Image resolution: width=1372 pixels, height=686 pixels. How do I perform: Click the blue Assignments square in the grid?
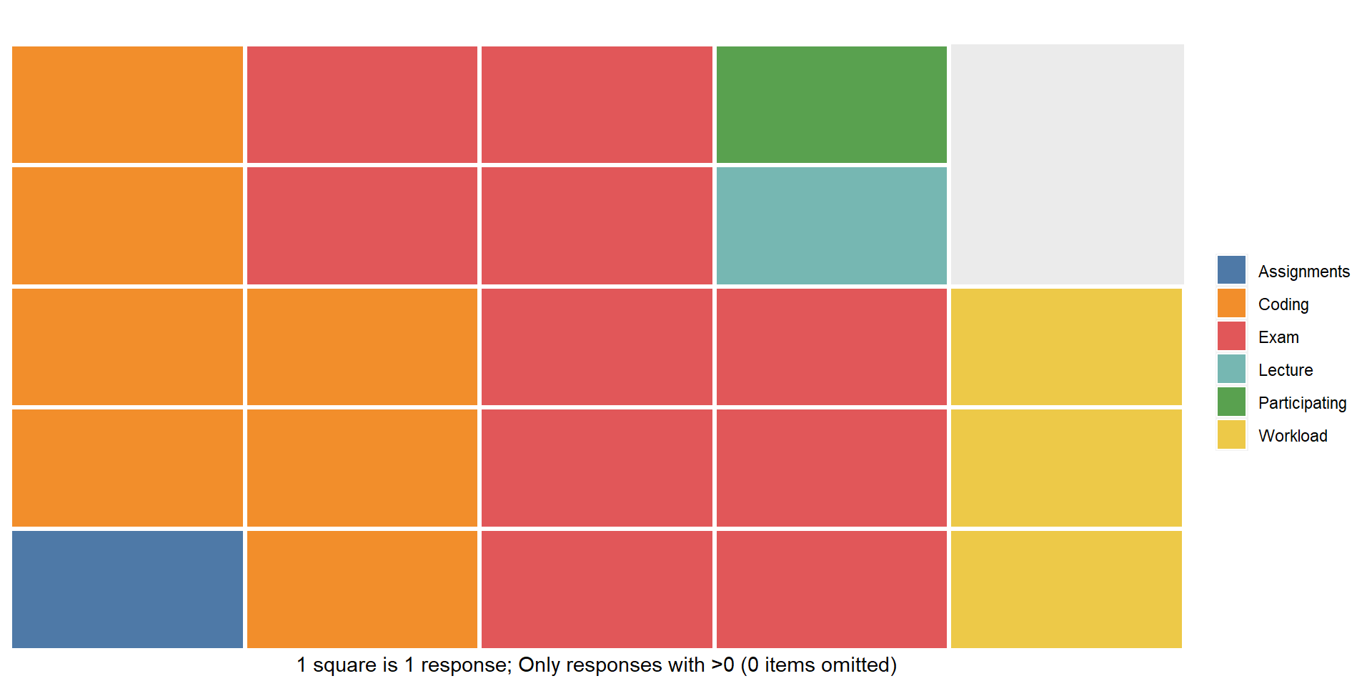pyautogui.click(x=127, y=589)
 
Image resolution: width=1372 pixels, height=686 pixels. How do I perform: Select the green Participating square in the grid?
pyautogui.click(x=831, y=104)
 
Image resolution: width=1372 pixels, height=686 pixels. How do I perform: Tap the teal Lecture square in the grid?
pyautogui.click(x=831, y=226)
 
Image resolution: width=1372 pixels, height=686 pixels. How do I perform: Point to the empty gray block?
pyautogui.click(x=1067, y=164)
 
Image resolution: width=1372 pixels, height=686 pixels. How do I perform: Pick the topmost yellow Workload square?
pyautogui.click(x=1066, y=347)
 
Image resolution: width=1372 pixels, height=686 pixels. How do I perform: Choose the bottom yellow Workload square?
pyautogui.click(x=1066, y=589)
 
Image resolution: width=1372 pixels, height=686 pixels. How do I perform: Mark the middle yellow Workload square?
pyautogui.click(x=1066, y=468)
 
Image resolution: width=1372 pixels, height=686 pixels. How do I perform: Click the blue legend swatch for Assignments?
pyautogui.click(x=1231, y=270)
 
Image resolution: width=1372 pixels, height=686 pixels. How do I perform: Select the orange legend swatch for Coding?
pyautogui.click(x=1231, y=303)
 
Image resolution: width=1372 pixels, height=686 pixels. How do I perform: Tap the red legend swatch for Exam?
pyautogui.click(x=1231, y=336)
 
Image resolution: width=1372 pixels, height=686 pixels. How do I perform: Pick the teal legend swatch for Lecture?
pyautogui.click(x=1231, y=369)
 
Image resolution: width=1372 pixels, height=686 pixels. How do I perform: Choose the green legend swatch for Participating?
pyautogui.click(x=1231, y=402)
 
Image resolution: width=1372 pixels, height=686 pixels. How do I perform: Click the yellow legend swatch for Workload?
pyautogui.click(x=1231, y=434)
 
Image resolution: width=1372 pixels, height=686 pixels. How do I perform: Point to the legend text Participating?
pyautogui.click(x=1302, y=403)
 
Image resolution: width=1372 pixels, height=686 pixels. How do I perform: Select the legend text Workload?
pyautogui.click(x=1293, y=436)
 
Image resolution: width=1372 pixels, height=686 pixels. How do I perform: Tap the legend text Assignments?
pyautogui.click(x=1304, y=272)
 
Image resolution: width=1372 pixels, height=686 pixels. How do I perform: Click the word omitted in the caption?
pyautogui.click(x=858, y=665)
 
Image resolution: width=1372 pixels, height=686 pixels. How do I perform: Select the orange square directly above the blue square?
pyautogui.click(x=127, y=468)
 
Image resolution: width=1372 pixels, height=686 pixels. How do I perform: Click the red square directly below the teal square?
pyautogui.click(x=831, y=347)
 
